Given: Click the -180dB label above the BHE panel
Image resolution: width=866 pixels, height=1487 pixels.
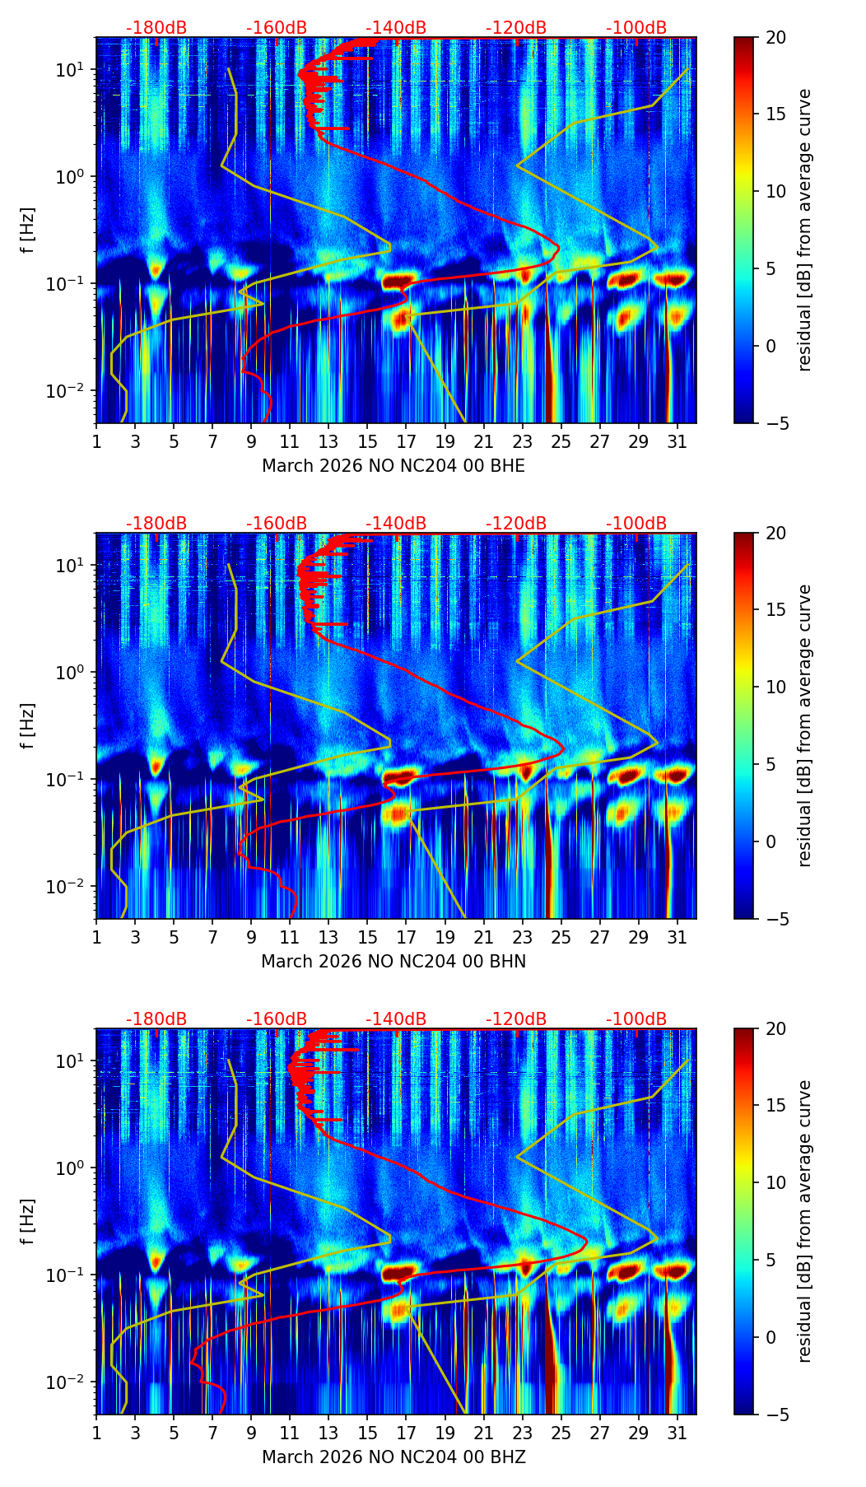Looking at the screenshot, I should (x=156, y=28).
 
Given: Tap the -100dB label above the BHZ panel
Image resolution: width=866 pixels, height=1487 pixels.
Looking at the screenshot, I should (x=636, y=1019).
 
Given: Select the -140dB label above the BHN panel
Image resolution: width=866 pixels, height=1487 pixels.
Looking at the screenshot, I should (x=396, y=524).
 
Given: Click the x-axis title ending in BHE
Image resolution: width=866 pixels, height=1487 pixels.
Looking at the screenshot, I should (x=393, y=466).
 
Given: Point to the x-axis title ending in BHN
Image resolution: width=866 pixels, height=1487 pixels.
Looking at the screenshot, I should (x=393, y=962).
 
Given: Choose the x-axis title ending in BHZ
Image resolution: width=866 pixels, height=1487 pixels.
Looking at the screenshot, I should (x=393, y=1457).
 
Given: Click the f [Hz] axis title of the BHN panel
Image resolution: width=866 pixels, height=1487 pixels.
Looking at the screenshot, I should (x=27, y=725).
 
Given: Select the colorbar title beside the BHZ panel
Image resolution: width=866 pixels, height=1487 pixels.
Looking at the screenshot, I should (x=804, y=1221).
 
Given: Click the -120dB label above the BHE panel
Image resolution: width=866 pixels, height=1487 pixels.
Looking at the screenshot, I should (x=516, y=28).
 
